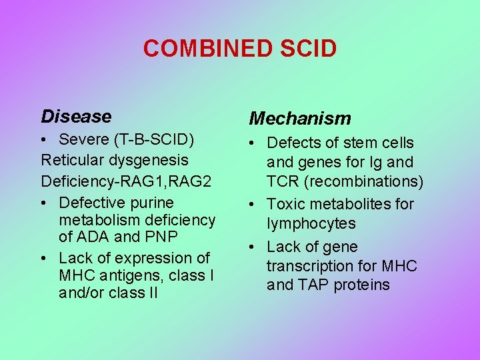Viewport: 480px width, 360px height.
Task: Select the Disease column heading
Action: pyautogui.click(x=76, y=117)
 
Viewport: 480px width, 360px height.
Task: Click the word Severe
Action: pyautogui.click(x=83, y=140)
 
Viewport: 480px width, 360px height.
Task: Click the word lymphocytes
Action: pyautogui.click(x=311, y=223)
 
